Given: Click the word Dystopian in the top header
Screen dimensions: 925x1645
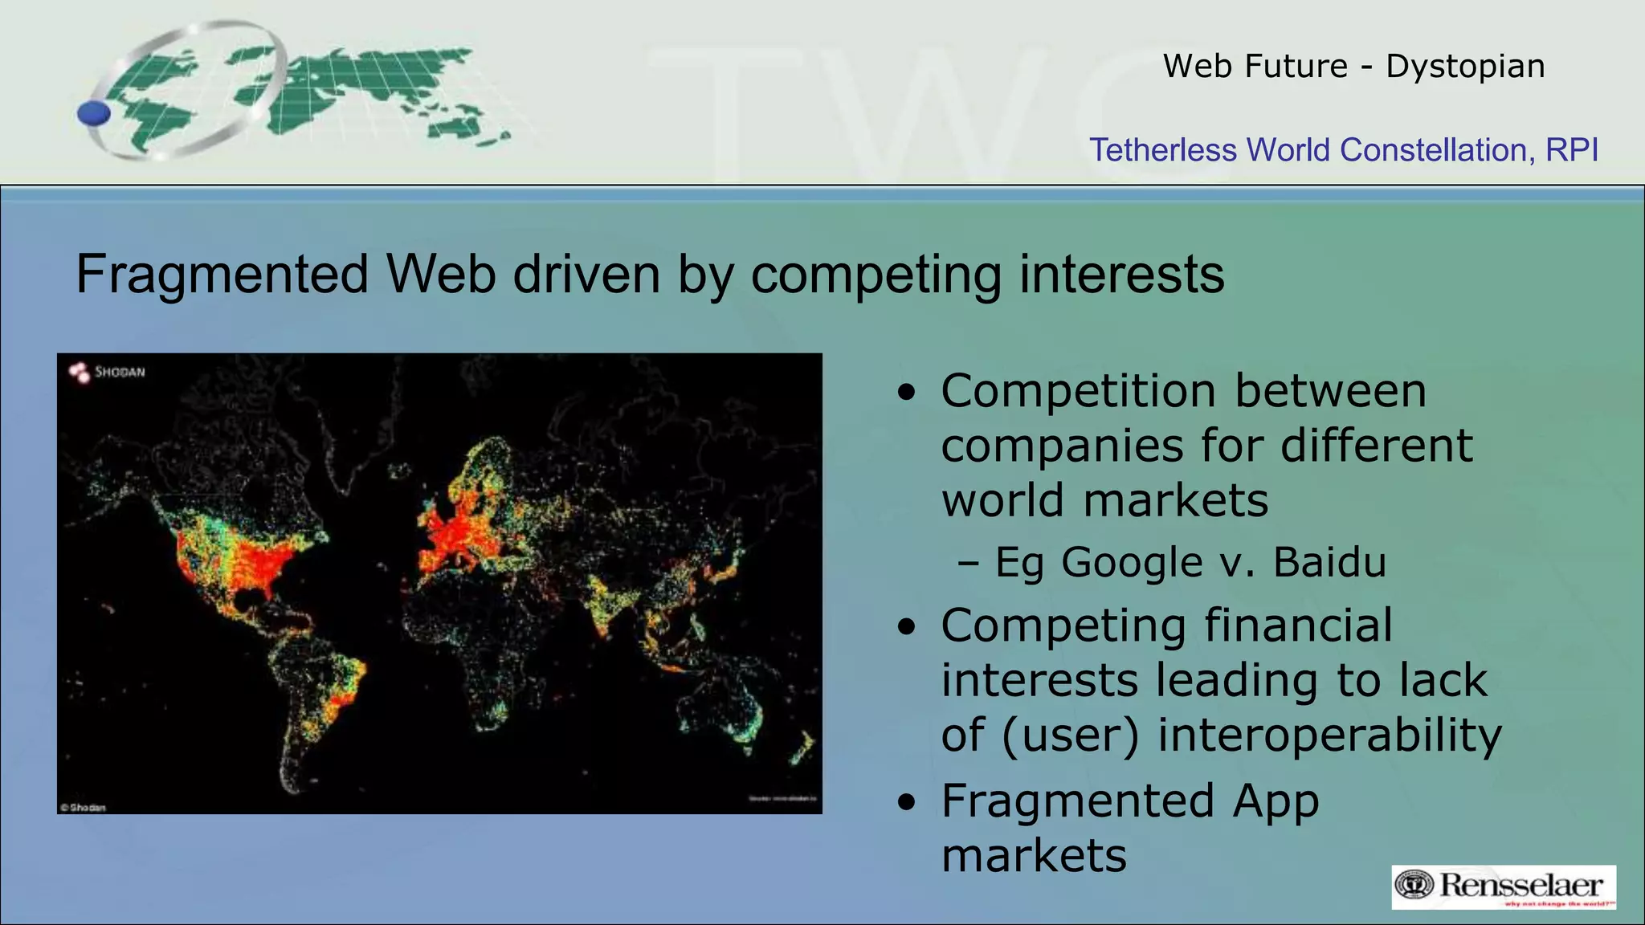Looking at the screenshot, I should point(1465,66).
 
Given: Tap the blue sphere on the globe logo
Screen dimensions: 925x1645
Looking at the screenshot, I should point(94,113).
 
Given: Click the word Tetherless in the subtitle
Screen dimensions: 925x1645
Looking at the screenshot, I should point(1162,150).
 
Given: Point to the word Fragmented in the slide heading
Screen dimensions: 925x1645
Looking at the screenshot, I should point(222,275).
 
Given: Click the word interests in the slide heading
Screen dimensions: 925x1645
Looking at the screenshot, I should point(1121,275).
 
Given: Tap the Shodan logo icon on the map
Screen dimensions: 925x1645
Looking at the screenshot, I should point(80,372).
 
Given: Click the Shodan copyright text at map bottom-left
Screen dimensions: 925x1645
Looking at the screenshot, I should point(83,807).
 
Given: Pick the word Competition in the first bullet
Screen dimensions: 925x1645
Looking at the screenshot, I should point(1078,391).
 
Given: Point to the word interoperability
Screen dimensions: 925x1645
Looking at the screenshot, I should point(1329,735).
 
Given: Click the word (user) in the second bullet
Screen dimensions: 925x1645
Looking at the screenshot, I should point(1070,735).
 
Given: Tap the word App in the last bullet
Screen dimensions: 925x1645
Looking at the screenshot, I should point(1276,801).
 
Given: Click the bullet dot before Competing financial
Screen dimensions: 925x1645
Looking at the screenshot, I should point(907,627).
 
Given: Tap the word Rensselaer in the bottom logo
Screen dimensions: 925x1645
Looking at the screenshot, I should point(1521,885).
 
